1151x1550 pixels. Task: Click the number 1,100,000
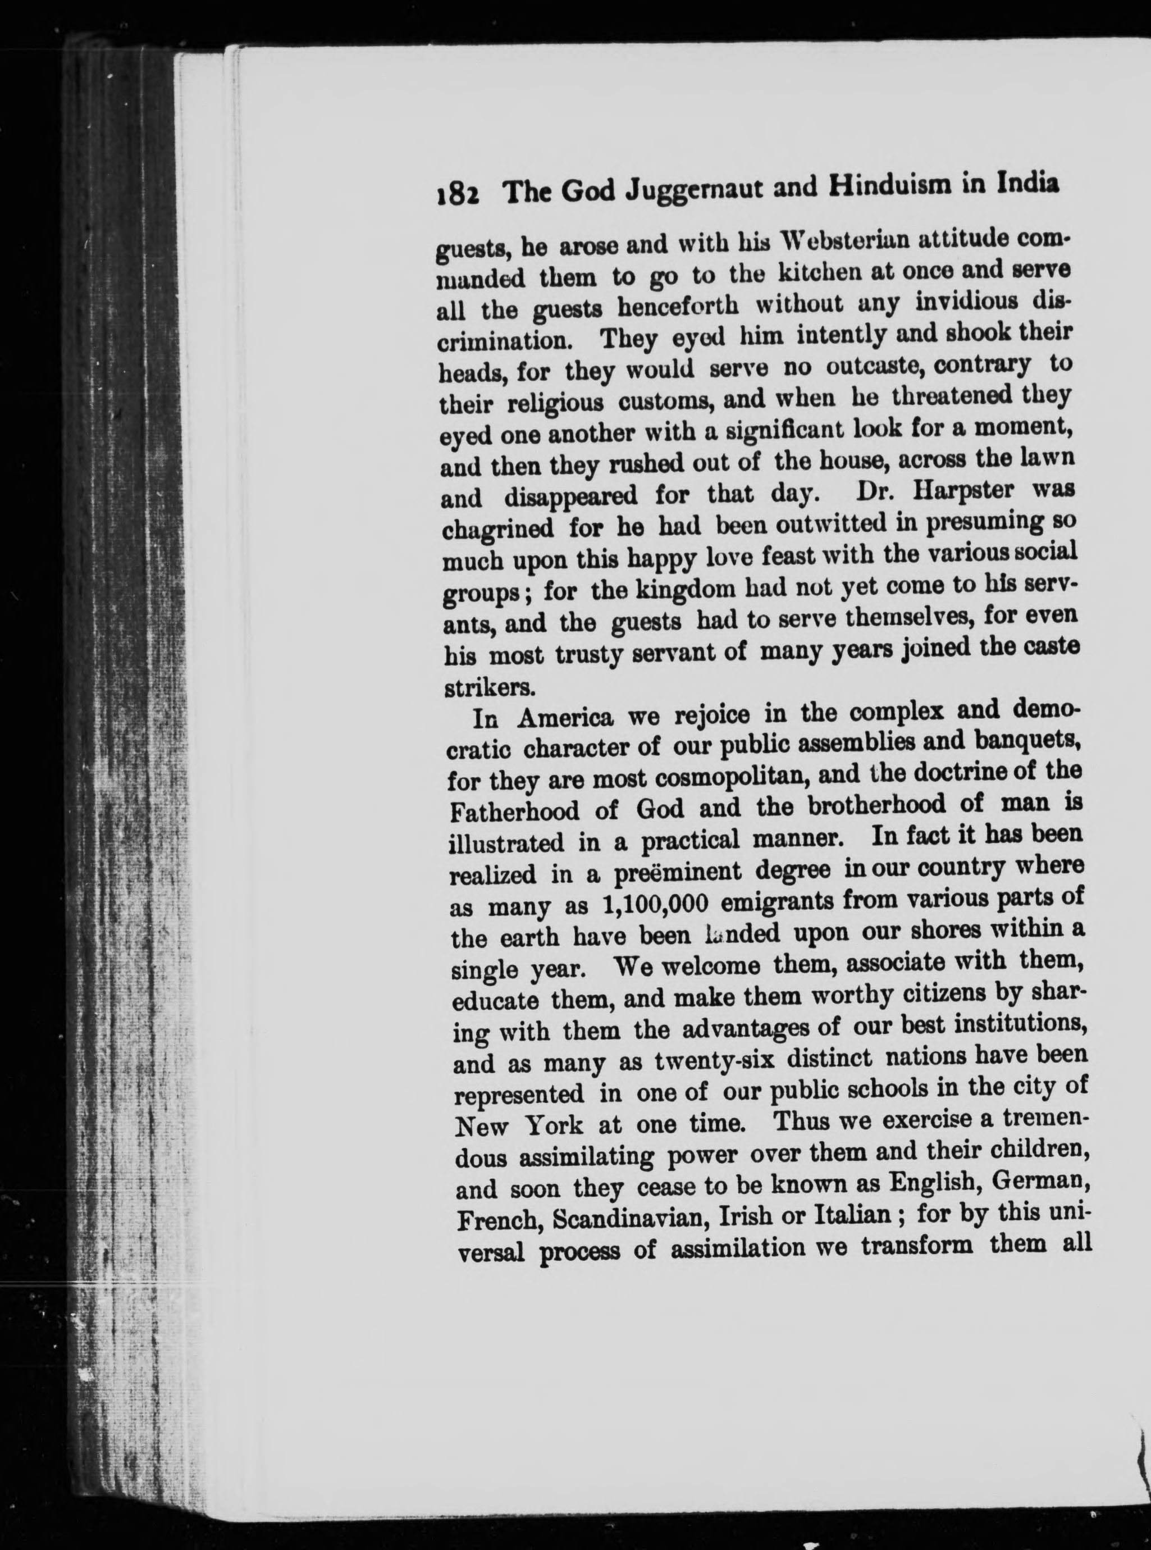click(x=654, y=904)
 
